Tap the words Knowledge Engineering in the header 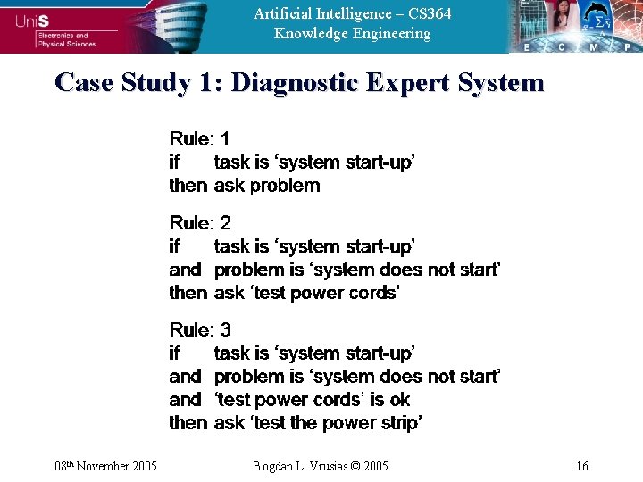coord(352,34)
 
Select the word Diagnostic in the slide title coord(294,83)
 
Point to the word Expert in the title coord(408,83)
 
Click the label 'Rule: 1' coord(199,138)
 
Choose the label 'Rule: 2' coord(200,222)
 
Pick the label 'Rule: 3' coord(200,329)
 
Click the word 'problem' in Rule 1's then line coord(285,186)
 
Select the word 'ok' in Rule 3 coord(399,400)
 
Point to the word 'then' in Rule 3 coord(188,423)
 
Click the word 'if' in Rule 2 coord(174,245)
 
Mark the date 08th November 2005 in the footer coord(105,466)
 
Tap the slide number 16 coord(582,466)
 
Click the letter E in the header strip coord(528,46)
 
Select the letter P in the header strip coord(626,46)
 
